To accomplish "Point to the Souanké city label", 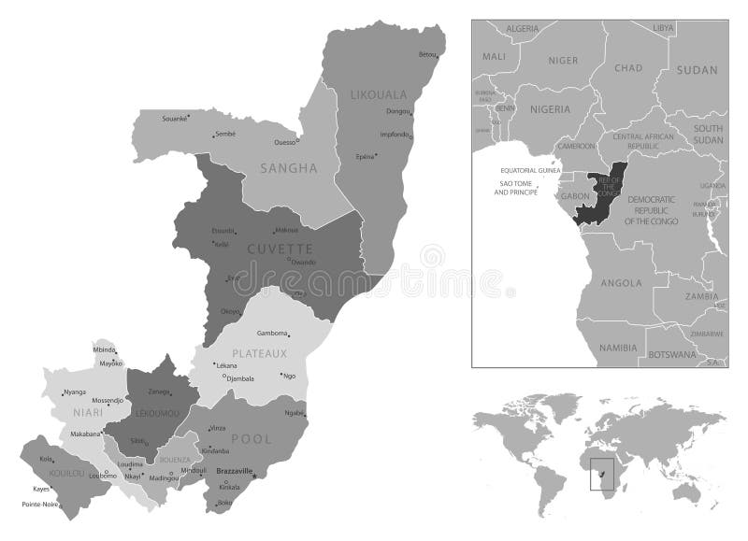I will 175,119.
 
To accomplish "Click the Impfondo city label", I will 394,134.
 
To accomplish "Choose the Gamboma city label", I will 272,334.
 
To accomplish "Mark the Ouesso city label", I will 284,142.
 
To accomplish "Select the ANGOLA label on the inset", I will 621,282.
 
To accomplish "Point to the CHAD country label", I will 628,67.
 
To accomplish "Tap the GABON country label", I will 572,196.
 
